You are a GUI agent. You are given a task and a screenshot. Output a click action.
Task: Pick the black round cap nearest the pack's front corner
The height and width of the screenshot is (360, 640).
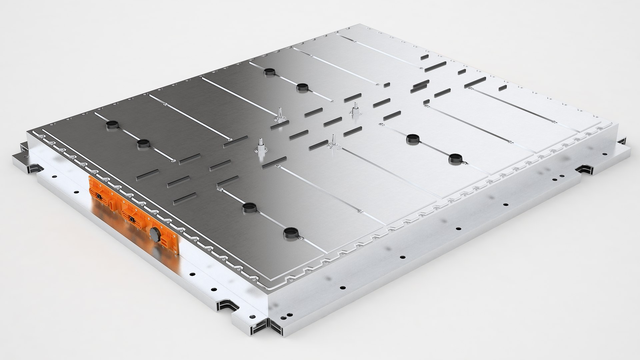290,233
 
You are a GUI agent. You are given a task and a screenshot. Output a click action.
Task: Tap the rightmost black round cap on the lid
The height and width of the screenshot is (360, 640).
455,158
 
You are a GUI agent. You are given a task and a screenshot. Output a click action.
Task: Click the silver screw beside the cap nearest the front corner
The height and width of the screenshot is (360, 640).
301,238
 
